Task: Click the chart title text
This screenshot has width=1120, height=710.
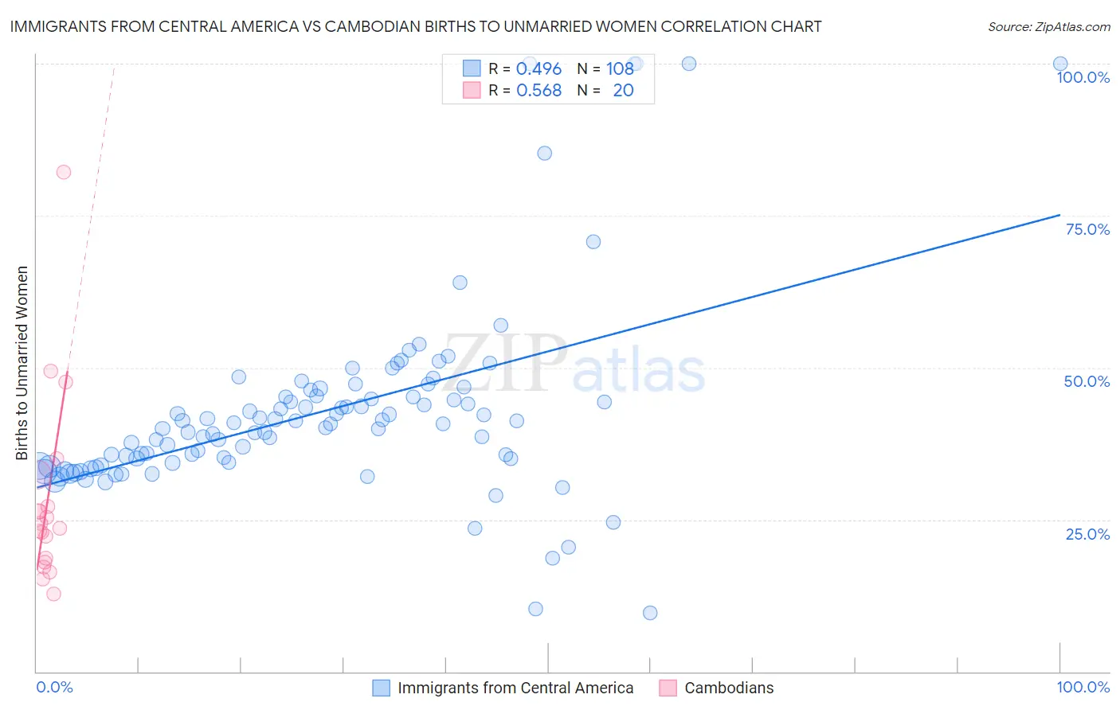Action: (x=415, y=26)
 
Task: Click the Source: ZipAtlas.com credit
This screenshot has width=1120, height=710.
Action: (x=1048, y=26)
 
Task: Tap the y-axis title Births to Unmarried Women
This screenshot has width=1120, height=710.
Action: (x=22, y=363)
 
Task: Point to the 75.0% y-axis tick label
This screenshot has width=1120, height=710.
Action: (x=1087, y=229)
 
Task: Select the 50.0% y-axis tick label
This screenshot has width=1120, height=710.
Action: (x=1087, y=381)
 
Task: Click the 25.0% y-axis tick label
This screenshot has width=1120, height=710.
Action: (x=1087, y=534)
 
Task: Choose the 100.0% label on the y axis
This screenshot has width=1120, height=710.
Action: (x=1083, y=77)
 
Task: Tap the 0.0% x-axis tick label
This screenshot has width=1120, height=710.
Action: (x=54, y=687)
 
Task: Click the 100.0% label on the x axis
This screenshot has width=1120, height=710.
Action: (x=1083, y=687)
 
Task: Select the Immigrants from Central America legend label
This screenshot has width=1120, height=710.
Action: (x=515, y=688)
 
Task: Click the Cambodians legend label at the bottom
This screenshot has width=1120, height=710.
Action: (x=729, y=688)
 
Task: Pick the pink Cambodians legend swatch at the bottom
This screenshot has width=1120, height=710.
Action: (x=668, y=688)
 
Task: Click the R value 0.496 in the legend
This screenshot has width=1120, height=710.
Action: (x=538, y=69)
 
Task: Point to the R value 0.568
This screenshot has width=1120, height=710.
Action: (x=538, y=91)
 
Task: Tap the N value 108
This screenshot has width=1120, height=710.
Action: (x=620, y=69)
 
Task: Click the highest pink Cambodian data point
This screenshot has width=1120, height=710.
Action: (x=64, y=172)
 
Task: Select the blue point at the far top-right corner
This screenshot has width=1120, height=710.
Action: (x=1060, y=64)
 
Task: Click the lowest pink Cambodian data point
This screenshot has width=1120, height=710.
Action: (x=53, y=594)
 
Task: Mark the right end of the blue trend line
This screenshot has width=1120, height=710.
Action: (x=1060, y=215)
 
